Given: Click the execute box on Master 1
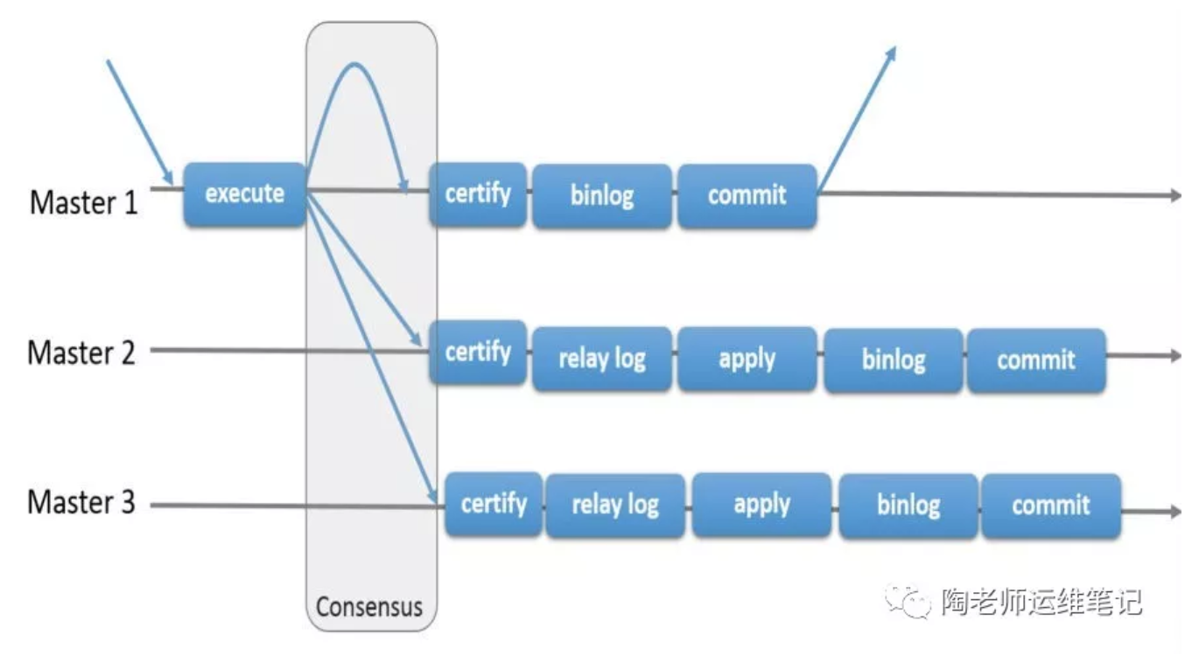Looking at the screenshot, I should pyautogui.click(x=245, y=194).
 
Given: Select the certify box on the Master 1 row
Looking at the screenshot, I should pyautogui.click(x=478, y=194).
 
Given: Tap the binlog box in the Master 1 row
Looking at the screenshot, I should pyautogui.click(x=602, y=196).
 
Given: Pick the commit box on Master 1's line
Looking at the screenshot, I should pyautogui.click(x=747, y=196).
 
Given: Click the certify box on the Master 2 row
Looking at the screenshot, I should pyautogui.click(x=478, y=352).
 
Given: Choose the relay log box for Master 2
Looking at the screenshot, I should pyautogui.click(x=602, y=359).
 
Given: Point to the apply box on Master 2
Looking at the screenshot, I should pyautogui.click(x=747, y=359).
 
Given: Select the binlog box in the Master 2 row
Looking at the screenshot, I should pyautogui.click(x=893, y=359).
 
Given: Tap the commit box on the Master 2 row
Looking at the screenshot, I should pyautogui.click(x=1036, y=359).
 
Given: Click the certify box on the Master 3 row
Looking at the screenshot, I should pyautogui.click(x=494, y=504).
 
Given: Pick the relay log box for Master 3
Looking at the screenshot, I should pyautogui.click(x=615, y=506).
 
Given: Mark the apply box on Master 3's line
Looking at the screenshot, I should pyautogui.click(x=761, y=505).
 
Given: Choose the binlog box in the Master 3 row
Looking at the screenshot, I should pyautogui.click(x=908, y=506).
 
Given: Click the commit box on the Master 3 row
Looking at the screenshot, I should pyautogui.click(x=1051, y=506).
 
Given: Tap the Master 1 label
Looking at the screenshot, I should pyautogui.click(x=84, y=203).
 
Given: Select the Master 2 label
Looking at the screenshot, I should pyautogui.click(x=82, y=353).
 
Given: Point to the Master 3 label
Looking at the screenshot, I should pyautogui.click(x=82, y=503).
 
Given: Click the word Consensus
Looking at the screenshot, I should pyautogui.click(x=369, y=607).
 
